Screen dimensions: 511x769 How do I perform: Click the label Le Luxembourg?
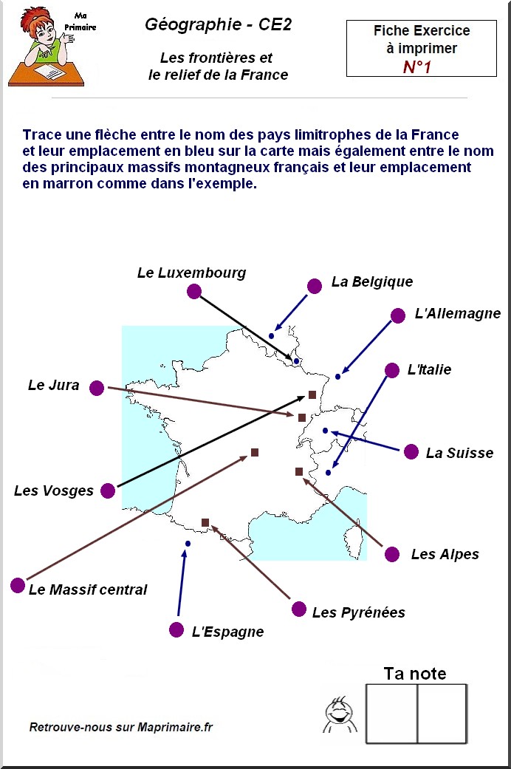pyautogui.click(x=192, y=273)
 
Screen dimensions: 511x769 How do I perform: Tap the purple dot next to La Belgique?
pyautogui.click(x=315, y=286)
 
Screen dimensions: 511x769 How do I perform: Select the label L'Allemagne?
pyautogui.click(x=458, y=313)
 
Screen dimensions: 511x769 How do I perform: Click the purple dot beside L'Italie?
pyautogui.click(x=392, y=370)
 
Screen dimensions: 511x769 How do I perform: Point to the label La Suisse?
pyautogui.click(x=459, y=453)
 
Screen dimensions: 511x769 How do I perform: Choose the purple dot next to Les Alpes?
pyautogui.click(x=392, y=554)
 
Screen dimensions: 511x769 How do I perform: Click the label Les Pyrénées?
pyautogui.click(x=358, y=612)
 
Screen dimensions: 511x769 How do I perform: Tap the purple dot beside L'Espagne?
pyautogui.click(x=176, y=630)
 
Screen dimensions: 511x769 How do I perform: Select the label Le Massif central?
pyautogui.click(x=88, y=589)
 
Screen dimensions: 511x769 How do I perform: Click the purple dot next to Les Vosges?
pyautogui.click(x=108, y=491)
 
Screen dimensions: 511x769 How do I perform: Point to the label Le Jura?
pyautogui.click(x=53, y=385)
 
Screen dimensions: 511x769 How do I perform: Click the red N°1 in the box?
pyautogui.click(x=416, y=66)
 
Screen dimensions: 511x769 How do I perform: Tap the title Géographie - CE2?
pyautogui.click(x=219, y=24)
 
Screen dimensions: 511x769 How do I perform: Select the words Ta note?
pyautogui.click(x=415, y=674)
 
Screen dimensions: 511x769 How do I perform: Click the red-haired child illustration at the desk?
pyautogui.click(x=47, y=47)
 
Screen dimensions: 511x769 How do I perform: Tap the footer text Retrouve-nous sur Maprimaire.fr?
pyautogui.click(x=121, y=727)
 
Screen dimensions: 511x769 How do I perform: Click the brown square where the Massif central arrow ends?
pyautogui.click(x=255, y=452)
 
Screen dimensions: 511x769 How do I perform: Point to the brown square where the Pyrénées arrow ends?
pyautogui.click(x=205, y=523)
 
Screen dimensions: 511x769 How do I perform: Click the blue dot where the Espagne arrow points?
pyautogui.click(x=188, y=544)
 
